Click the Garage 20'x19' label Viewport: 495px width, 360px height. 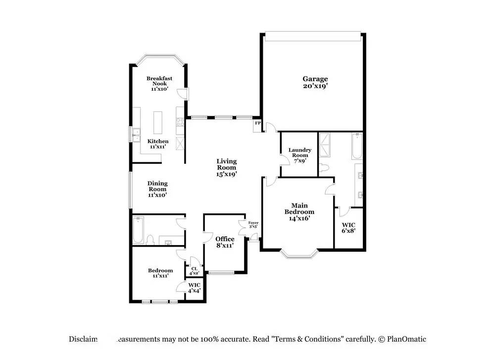click(315, 82)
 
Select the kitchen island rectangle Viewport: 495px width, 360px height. click(158, 122)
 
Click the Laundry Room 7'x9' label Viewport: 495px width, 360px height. click(299, 154)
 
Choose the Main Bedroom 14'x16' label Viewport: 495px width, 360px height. click(299, 211)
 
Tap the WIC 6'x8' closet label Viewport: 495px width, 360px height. click(348, 227)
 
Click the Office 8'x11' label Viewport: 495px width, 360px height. click(224, 242)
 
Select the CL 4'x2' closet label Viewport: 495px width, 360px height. click(195, 270)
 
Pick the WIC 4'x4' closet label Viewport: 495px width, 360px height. click(194, 288)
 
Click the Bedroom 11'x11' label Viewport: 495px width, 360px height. click(160, 273)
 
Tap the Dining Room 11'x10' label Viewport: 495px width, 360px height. click(157, 189)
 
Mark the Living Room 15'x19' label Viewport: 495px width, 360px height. click(226, 167)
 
